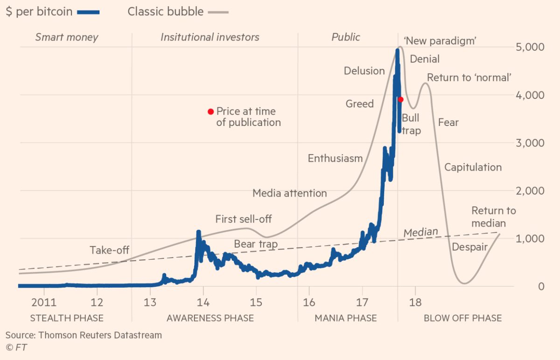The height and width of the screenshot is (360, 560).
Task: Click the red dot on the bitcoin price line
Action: point(400,99)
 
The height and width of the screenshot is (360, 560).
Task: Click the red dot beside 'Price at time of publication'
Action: point(210,111)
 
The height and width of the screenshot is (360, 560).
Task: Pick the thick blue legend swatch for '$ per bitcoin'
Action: point(88,12)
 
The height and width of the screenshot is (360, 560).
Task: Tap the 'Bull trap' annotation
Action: point(411,125)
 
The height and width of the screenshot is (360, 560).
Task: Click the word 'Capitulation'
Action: point(473,167)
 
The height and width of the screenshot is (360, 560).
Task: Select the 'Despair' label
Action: point(469,247)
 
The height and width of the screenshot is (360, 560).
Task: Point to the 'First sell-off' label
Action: point(243,219)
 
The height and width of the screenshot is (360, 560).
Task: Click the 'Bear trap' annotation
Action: point(256,244)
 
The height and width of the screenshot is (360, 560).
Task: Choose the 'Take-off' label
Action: point(110,250)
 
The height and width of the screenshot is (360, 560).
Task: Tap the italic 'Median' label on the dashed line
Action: point(420,232)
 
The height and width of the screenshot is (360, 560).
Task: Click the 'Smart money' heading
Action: point(67,37)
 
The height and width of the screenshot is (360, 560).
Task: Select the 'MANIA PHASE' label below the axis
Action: point(345,318)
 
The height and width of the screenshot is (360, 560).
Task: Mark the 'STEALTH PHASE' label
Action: point(67,318)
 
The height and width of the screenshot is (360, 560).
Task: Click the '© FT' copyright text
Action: point(16,347)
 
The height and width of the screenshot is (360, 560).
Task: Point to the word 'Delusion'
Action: point(364,71)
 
